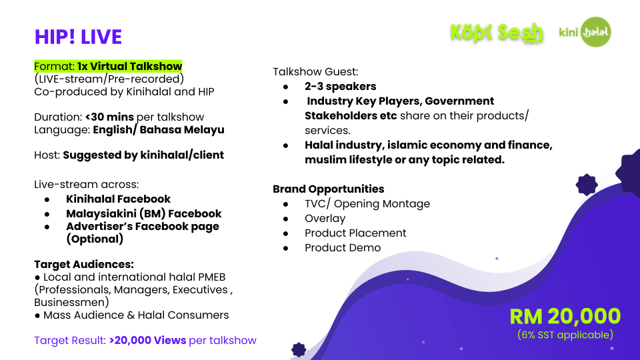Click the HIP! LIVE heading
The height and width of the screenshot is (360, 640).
point(78,37)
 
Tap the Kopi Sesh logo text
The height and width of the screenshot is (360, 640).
point(497,33)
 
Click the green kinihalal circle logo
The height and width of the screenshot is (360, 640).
point(596,32)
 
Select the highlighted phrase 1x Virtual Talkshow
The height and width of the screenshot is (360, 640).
point(130,66)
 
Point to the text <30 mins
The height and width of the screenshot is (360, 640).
point(109,117)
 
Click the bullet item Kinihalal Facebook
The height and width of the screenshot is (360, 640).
point(119,199)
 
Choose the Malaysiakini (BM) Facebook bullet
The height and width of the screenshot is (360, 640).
point(144,213)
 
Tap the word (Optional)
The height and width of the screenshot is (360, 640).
point(95,239)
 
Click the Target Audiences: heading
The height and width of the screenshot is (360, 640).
point(84,264)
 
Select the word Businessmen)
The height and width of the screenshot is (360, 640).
point(71,302)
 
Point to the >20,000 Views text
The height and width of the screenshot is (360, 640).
point(148,340)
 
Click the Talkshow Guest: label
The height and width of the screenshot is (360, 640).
point(315,72)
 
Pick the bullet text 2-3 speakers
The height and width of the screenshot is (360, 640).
point(341,86)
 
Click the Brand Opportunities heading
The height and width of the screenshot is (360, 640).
point(329,189)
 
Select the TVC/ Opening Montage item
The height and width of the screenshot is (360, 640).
point(367,204)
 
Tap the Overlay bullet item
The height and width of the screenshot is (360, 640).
point(325,219)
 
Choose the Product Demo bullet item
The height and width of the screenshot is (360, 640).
point(343,248)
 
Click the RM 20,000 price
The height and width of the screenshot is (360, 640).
point(565,316)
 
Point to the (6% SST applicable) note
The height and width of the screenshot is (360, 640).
point(565,335)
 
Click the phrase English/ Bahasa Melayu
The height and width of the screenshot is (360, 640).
point(159,130)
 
